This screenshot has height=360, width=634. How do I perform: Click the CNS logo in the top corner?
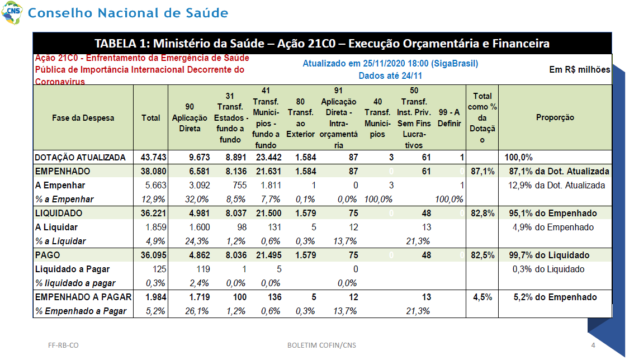(x=12, y=12)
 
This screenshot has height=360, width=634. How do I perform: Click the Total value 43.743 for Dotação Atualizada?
(x=153, y=157)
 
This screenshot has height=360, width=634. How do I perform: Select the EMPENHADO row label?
(x=63, y=171)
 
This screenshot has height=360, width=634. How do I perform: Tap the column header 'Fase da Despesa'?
(x=83, y=118)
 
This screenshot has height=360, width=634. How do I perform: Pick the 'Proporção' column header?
(x=555, y=117)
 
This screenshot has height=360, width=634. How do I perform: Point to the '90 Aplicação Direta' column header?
(x=189, y=117)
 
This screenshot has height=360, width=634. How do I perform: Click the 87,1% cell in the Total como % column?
(x=482, y=171)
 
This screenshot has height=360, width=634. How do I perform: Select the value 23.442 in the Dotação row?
(x=268, y=157)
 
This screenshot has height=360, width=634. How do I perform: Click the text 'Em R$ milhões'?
(x=579, y=69)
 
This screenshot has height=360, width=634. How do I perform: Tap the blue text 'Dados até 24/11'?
(x=390, y=75)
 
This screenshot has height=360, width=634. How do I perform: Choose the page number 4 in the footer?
(x=593, y=345)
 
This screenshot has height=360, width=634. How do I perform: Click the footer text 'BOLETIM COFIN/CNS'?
(x=322, y=345)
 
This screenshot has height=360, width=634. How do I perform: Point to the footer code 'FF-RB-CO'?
(x=63, y=345)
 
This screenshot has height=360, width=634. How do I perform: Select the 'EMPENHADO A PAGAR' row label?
(x=83, y=297)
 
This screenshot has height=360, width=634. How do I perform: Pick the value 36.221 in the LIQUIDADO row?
(x=153, y=213)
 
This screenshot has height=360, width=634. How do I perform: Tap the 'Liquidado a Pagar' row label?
(x=72, y=269)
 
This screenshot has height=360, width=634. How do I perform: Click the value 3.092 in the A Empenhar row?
(x=200, y=185)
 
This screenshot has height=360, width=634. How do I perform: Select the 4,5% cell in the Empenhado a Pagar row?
(x=482, y=297)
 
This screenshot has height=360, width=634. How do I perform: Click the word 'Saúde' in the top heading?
(x=207, y=12)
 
